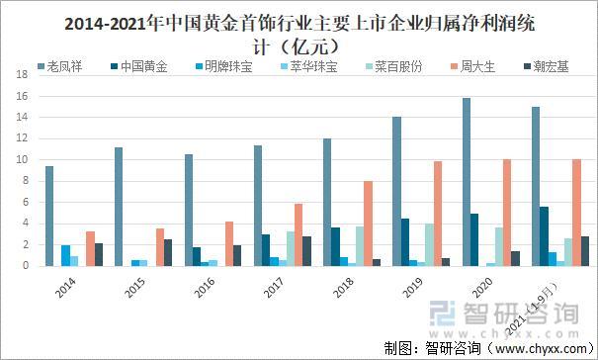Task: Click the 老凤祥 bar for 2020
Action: click(467, 182)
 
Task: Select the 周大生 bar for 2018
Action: click(368, 224)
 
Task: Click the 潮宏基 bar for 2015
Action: click(168, 252)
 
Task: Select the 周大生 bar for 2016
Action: click(228, 243)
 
